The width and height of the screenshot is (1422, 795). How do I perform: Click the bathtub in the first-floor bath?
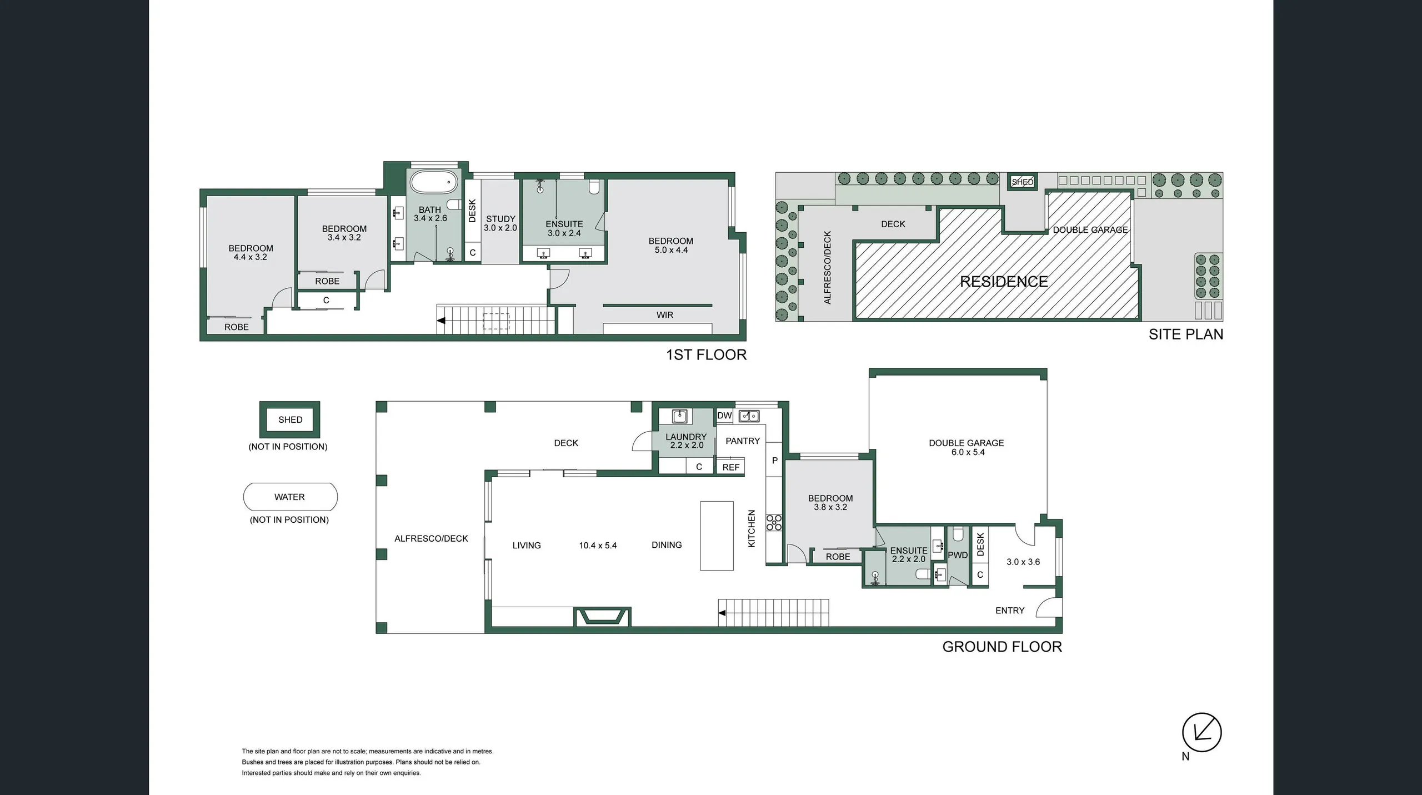[x=433, y=182]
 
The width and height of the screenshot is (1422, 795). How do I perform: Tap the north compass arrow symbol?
[x=1201, y=732]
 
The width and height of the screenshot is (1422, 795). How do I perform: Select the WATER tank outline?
[x=290, y=497]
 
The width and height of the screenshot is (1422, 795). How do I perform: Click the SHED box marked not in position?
[x=290, y=419]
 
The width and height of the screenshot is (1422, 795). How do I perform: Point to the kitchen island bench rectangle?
[x=717, y=536]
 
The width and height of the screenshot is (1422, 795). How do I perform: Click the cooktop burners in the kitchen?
[x=774, y=522]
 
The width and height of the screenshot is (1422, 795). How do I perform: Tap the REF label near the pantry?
[x=730, y=467]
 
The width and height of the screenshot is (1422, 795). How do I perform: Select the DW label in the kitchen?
[x=724, y=416]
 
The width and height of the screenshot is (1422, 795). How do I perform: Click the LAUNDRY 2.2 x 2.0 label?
[x=686, y=441]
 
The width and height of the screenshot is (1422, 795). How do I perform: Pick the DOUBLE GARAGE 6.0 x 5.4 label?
[x=967, y=447]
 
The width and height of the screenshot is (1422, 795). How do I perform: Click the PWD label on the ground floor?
[x=958, y=555]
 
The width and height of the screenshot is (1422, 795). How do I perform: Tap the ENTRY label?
[x=1009, y=611]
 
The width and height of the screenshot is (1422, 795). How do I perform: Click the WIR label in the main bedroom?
[x=664, y=315]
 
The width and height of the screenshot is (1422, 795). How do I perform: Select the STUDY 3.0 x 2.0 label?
[x=500, y=223]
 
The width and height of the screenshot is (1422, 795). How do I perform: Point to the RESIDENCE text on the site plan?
[x=1004, y=282]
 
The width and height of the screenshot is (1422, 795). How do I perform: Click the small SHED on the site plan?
[x=1022, y=182]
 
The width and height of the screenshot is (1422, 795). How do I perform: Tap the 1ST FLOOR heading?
[x=706, y=355]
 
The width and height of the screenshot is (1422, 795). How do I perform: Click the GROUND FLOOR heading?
[x=1002, y=647]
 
